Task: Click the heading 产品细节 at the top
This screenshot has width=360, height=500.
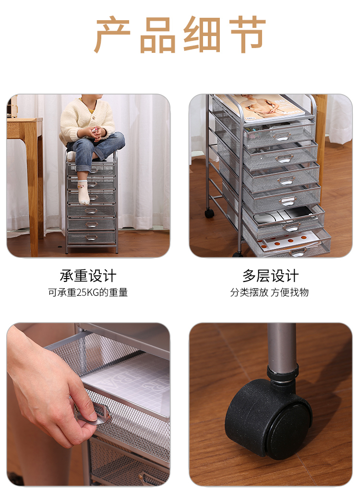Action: point(180,34)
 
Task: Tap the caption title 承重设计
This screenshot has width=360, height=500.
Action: point(88,276)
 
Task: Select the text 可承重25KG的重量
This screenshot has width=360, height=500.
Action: point(88,293)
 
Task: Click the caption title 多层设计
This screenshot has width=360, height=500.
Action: point(270,276)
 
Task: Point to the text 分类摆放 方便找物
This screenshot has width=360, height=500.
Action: point(270,293)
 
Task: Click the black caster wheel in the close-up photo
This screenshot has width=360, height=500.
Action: point(268,419)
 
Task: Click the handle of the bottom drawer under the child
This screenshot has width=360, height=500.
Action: point(91,238)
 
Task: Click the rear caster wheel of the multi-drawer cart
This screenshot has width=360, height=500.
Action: point(209,213)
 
